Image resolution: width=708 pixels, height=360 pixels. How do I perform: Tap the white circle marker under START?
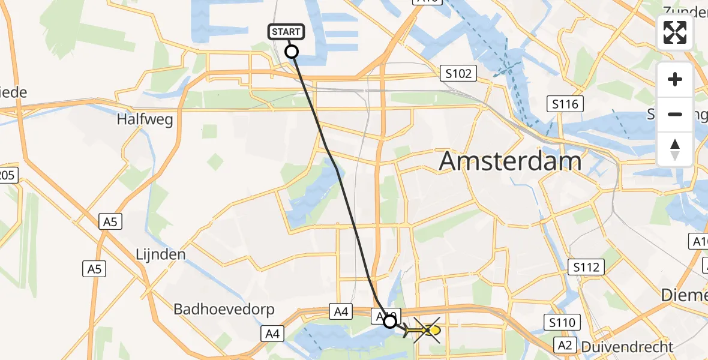pyautogui.click(x=291, y=52)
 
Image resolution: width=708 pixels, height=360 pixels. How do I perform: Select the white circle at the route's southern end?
pyautogui.click(x=390, y=322)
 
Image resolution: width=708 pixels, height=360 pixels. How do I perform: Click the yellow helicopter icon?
pyautogui.click(x=426, y=330)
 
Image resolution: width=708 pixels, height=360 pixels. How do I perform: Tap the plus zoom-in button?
pyautogui.click(x=675, y=79)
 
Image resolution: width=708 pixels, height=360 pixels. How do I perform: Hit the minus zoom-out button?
pyautogui.click(x=675, y=114)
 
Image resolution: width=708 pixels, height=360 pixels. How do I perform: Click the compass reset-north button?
pyautogui.click(x=675, y=149)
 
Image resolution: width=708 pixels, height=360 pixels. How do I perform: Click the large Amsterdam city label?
pyautogui.click(x=511, y=161)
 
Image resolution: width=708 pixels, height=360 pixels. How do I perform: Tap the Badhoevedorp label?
pyautogui.click(x=224, y=310)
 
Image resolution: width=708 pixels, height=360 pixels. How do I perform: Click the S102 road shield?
pyautogui.click(x=458, y=74)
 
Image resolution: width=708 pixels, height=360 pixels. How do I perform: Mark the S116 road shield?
pyautogui.click(x=566, y=105)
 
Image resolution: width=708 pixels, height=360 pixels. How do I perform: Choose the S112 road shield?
pyautogui.click(x=586, y=267)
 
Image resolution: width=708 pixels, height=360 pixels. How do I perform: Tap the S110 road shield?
pyautogui.click(x=563, y=323)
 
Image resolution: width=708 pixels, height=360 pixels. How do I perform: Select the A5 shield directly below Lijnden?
pyautogui.click(x=94, y=269)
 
